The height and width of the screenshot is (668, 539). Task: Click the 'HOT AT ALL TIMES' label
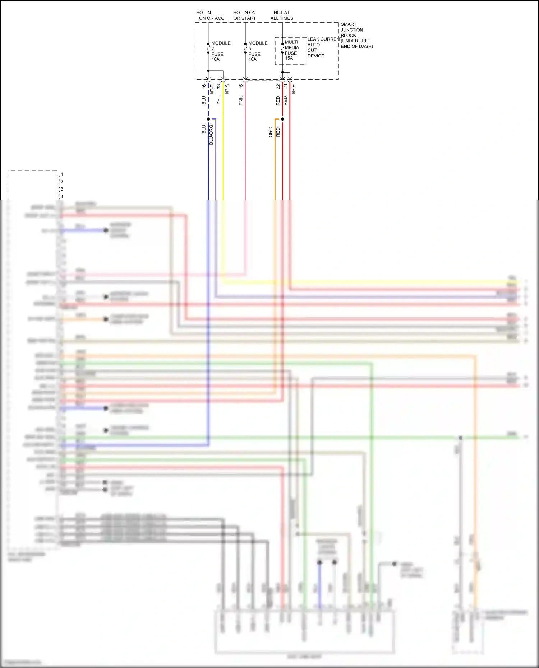(x=282, y=15)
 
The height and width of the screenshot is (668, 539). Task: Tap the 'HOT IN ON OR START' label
(x=244, y=15)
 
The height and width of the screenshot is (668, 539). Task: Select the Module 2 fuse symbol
(x=208, y=48)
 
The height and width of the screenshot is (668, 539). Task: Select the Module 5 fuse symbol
(x=245, y=48)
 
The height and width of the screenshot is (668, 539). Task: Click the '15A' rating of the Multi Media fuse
(x=289, y=58)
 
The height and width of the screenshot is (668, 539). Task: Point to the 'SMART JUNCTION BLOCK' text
(x=351, y=30)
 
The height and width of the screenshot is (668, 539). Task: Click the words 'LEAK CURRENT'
(x=323, y=39)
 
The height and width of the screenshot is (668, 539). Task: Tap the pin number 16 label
(x=204, y=87)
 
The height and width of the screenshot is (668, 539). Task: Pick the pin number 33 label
(x=218, y=87)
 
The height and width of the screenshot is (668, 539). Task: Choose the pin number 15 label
(x=241, y=87)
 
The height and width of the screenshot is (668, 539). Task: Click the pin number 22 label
(x=278, y=87)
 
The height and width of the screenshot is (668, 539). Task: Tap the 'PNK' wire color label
(x=241, y=101)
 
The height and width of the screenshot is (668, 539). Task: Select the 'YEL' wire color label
(x=218, y=101)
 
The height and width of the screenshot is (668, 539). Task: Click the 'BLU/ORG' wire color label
(x=211, y=135)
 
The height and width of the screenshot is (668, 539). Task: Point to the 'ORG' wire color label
(x=270, y=132)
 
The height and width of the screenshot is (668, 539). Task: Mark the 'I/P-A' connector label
(x=227, y=89)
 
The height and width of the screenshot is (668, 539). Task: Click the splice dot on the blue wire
(x=208, y=119)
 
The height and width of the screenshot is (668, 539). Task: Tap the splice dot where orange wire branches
(x=282, y=119)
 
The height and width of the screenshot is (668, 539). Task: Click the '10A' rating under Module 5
(x=252, y=59)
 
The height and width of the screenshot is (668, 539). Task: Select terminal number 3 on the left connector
(x=62, y=189)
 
